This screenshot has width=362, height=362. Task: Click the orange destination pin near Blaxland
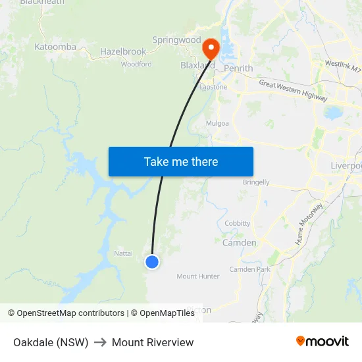(211, 48)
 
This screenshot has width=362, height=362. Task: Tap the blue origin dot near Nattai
(152, 262)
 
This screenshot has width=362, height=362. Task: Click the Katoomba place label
(55, 47)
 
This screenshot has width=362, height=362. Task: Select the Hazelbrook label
(123, 51)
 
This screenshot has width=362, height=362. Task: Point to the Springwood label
(176, 40)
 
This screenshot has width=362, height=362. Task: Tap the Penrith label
(238, 68)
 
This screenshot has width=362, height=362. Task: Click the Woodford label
(136, 65)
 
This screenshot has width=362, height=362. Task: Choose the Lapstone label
(213, 87)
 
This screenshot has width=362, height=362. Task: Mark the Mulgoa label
(217, 123)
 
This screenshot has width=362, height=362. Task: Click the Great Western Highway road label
(293, 90)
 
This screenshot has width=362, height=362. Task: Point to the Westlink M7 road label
(343, 66)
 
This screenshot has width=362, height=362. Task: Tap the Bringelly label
(256, 182)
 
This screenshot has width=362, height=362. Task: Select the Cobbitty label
(238, 223)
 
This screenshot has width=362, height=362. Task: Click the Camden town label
(240, 243)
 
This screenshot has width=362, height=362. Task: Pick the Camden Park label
(249, 269)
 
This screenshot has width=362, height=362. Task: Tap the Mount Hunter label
(198, 276)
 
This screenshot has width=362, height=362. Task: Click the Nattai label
(123, 253)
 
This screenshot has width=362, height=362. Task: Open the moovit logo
(322, 342)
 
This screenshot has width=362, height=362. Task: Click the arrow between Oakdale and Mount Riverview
(100, 342)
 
